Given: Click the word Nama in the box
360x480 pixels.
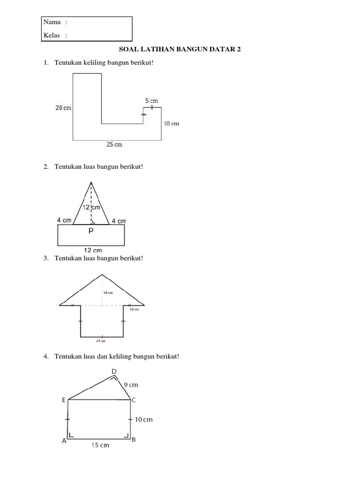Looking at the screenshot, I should click(x=52, y=22).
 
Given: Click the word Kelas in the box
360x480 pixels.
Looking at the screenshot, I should click(x=52, y=35).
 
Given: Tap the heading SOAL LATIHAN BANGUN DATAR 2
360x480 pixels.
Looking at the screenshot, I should click(x=180, y=49).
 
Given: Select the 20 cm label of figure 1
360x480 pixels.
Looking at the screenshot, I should click(x=63, y=108).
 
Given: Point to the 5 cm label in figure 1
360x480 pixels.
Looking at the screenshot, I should click(x=151, y=101).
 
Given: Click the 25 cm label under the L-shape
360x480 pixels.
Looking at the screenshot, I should click(x=114, y=145).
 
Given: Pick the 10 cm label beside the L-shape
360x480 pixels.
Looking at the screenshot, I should click(x=171, y=124).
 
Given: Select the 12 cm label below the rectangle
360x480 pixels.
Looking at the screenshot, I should click(x=92, y=250).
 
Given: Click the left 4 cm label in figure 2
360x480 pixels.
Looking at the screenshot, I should click(x=64, y=220).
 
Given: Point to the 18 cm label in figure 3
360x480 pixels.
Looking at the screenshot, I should click(x=108, y=292).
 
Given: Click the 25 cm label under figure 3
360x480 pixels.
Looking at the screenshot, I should click(x=101, y=341).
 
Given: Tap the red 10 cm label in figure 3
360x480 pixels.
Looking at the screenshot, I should click(x=135, y=309).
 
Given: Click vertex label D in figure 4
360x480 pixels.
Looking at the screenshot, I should click(x=114, y=372).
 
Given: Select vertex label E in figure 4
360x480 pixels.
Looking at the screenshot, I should click(x=64, y=400).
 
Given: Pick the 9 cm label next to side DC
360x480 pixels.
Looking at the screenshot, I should click(x=131, y=385).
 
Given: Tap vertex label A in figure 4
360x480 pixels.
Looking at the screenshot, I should click(x=63, y=441).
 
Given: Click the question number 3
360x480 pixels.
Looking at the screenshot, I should click(x=46, y=258).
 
